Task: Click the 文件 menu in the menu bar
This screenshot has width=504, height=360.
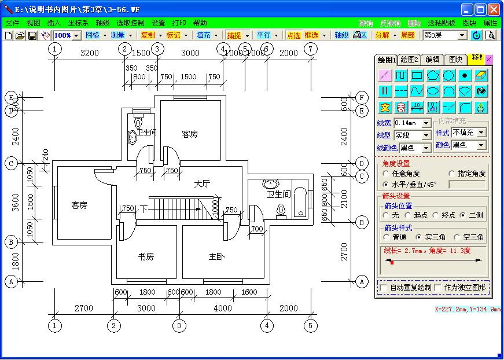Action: click(x=12, y=23)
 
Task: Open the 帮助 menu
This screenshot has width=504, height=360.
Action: click(x=200, y=23)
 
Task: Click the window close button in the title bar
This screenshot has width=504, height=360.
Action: click(x=494, y=9)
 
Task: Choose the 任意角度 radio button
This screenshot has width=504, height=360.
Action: click(x=386, y=174)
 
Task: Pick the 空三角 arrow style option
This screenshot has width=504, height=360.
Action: click(x=457, y=237)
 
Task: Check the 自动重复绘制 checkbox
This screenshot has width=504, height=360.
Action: click(x=383, y=287)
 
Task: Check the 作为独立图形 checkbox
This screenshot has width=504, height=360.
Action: click(x=437, y=287)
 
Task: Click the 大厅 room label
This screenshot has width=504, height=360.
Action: click(x=201, y=184)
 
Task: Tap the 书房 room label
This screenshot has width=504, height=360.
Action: click(x=146, y=256)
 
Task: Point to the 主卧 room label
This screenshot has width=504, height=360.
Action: click(x=216, y=256)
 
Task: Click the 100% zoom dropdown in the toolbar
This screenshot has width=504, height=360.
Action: click(x=67, y=35)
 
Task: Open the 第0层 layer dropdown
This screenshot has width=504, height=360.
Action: click(x=444, y=35)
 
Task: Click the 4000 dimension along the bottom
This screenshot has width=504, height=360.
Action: click(x=223, y=308)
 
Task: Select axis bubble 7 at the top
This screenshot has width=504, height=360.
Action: click(x=311, y=49)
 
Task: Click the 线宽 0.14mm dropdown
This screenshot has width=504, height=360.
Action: click(x=413, y=123)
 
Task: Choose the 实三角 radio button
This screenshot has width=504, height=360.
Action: click(x=418, y=237)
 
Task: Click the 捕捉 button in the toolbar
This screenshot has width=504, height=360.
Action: click(x=234, y=35)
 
